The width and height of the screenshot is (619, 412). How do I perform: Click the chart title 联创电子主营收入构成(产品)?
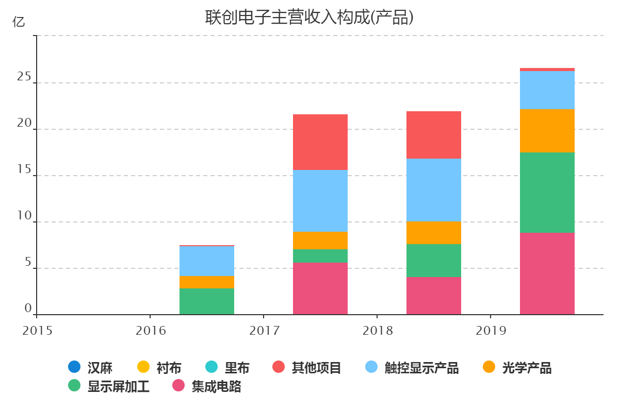pyautogui.click(x=309, y=18)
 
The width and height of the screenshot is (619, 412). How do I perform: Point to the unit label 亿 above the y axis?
pyautogui.click(x=18, y=22)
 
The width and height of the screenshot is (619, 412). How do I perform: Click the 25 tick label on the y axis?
pyautogui.click(x=24, y=77)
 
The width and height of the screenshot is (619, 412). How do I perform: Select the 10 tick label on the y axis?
pyautogui.click(x=24, y=216)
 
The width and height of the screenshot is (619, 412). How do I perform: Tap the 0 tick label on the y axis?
pyautogui.click(x=28, y=308)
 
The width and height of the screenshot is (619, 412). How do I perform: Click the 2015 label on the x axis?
pyautogui.click(x=37, y=331)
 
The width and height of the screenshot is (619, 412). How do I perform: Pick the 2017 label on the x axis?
pyautogui.click(x=264, y=331)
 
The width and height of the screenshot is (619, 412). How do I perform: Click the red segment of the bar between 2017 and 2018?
pyautogui.click(x=320, y=142)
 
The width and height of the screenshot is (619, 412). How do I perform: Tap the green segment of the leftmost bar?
pyautogui.click(x=207, y=301)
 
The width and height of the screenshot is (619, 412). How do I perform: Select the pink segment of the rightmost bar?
pyautogui.click(x=547, y=273)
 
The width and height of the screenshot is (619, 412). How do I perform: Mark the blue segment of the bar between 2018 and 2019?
pyautogui.click(x=434, y=190)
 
